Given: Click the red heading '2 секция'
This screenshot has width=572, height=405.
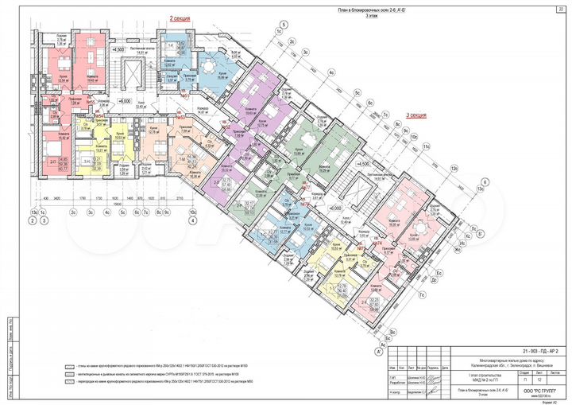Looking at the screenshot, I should tap(181, 15).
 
